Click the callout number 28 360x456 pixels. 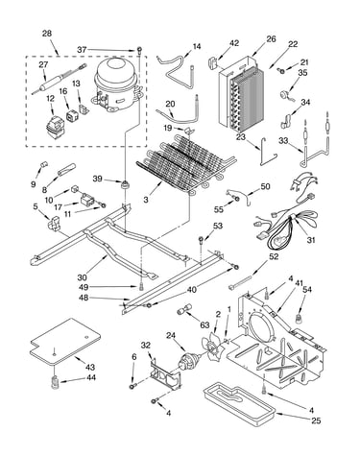coord(47,34)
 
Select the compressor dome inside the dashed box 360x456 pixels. coord(117,84)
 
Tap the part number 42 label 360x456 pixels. coord(234,43)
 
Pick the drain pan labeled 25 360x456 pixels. coord(240,405)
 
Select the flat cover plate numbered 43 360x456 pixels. coord(65,342)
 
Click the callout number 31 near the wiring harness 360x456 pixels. coord(310,240)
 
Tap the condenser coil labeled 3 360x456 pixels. coord(185,163)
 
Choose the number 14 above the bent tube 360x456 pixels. coord(197,47)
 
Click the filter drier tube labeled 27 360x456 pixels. coord(60,80)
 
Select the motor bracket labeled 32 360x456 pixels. coord(163,372)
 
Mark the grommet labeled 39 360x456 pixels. coord(124,184)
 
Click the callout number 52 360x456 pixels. coord(274,256)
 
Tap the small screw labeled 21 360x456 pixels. coord(281,70)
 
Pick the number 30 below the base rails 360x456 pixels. coord(82,277)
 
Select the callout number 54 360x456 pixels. coord(307,289)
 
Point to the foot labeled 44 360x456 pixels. coord(56,381)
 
